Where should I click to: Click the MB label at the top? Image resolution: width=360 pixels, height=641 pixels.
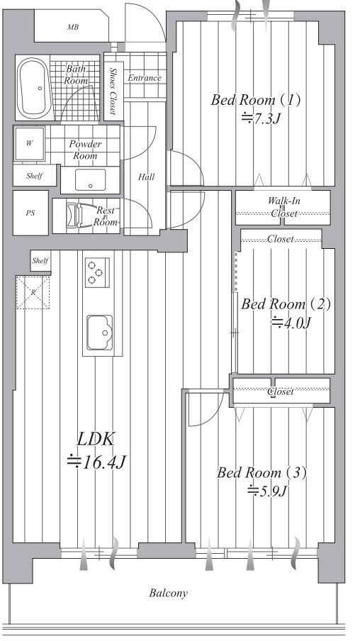pyautogui.click(x=73, y=28)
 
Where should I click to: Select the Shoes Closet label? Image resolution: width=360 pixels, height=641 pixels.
pyautogui.click(x=113, y=91)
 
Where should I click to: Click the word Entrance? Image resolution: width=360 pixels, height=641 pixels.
pyautogui.click(x=145, y=78)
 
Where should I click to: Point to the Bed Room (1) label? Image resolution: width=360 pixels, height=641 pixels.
pyautogui.click(x=256, y=100)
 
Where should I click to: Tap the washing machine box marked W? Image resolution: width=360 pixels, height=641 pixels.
pyautogui.click(x=30, y=143)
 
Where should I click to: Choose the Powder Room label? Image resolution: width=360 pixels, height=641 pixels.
pyautogui.click(x=85, y=150)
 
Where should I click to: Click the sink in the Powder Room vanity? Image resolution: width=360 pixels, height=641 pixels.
pyautogui.click(x=90, y=180)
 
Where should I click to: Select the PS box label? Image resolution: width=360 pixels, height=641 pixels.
pyautogui.click(x=30, y=213)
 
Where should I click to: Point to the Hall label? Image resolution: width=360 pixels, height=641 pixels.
pyautogui.click(x=146, y=177)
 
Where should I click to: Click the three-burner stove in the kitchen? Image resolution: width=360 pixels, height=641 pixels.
pyautogui.click(x=97, y=272)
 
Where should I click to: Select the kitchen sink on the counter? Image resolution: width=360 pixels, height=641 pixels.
pyautogui.click(x=99, y=333)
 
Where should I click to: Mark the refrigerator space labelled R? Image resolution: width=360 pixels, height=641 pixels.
pyautogui.click(x=33, y=292)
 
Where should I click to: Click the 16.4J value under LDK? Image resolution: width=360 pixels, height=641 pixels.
pyautogui.click(x=96, y=462)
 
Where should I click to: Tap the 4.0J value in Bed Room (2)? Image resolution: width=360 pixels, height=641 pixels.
pyautogui.click(x=291, y=323)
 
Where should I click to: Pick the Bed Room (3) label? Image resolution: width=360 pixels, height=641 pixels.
pyautogui.click(x=261, y=472)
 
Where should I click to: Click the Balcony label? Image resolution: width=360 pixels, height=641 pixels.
pyautogui.click(x=169, y=593)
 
